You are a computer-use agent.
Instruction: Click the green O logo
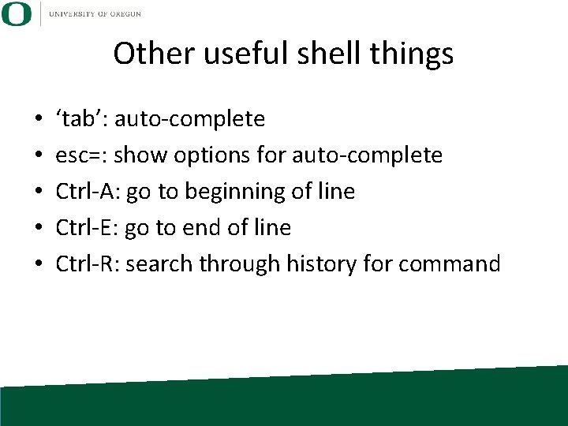[17, 13]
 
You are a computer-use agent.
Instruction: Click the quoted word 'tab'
[82, 119]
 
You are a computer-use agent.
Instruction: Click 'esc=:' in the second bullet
[81, 155]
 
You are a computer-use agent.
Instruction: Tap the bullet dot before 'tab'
[38, 121]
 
